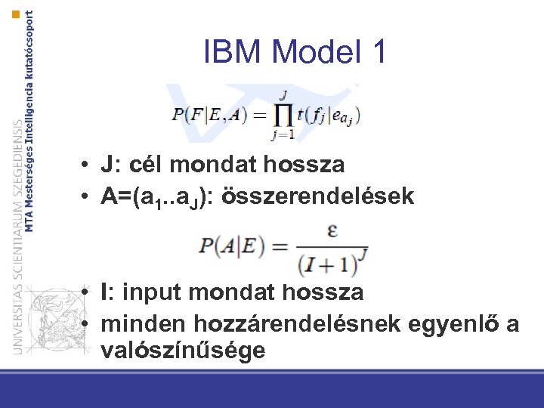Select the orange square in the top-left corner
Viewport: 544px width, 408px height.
16,14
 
